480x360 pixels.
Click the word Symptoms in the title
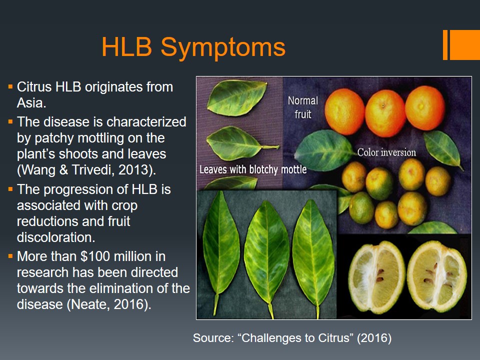(x=223, y=48)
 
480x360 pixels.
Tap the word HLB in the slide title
(x=126, y=47)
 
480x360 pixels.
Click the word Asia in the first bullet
(x=30, y=103)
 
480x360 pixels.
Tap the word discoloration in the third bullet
(x=55, y=237)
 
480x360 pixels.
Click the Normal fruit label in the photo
(x=303, y=107)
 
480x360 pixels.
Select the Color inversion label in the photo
(x=386, y=152)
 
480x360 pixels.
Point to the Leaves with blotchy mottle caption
(x=253, y=169)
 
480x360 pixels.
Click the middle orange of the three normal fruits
(x=385, y=113)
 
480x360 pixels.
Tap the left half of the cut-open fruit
(x=377, y=277)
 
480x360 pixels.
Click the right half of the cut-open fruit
(x=437, y=276)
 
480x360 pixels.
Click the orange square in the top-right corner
(x=464, y=44)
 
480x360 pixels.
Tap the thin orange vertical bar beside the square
(x=445, y=44)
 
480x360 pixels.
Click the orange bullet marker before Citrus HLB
(x=10, y=86)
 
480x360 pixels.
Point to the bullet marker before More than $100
(x=10, y=256)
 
